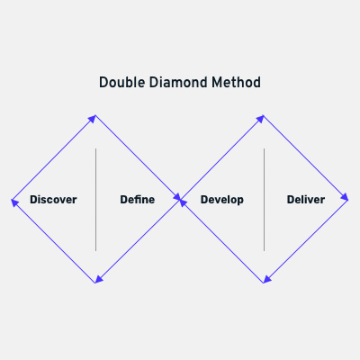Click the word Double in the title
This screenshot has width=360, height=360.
click(122, 83)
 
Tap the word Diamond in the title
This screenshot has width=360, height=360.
click(178, 83)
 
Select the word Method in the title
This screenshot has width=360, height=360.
click(236, 83)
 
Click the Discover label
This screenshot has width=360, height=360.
click(53, 200)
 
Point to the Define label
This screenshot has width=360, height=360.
click(138, 200)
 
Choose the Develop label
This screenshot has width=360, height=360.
click(222, 200)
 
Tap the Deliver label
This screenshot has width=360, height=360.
click(306, 200)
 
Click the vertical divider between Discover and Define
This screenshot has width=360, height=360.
click(96, 200)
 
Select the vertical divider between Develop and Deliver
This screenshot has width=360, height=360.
click(264, 200)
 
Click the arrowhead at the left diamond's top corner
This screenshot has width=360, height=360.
click(93, 119)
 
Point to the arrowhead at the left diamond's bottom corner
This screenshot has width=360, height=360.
click(99, 280)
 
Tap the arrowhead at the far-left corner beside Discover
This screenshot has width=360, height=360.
click(14, 202)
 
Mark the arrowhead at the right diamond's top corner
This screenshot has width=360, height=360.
click(260, 119)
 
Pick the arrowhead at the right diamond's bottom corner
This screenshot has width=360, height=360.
click(267, 280)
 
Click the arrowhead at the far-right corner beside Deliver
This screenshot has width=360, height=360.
click(345, 197)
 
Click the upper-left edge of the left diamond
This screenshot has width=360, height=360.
click(54, 157)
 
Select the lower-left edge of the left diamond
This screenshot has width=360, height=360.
click(53, 241)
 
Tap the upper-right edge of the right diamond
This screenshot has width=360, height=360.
click(306, 157)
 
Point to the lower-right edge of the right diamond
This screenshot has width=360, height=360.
click(306, 241)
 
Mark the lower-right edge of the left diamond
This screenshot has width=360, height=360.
click(138, 241)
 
